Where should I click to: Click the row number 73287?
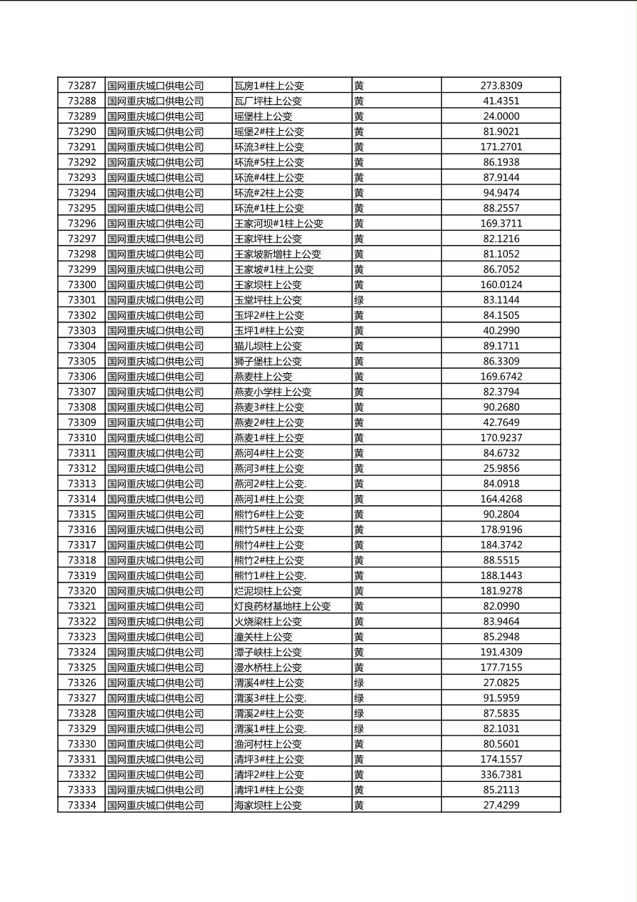point(81,86)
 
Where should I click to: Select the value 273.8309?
point(501,86)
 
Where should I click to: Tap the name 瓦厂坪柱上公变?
point(268,101)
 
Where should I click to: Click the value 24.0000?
point(501,117)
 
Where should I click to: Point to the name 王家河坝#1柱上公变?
point(279,224)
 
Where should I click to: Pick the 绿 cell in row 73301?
point(359,300)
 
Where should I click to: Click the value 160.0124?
point(501,285)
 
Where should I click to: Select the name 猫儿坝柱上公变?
point(268,346)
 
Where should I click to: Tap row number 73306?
point(81,377)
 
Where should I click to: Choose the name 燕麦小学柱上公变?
point(273,392)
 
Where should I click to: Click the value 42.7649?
point(501,422)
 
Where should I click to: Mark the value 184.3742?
point(501,545)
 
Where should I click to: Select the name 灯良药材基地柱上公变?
point(283,606)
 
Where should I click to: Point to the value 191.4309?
point(501,652)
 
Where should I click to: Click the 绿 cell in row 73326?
point(359,683)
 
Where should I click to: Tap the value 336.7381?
point(501,775)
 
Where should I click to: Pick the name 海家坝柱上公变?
point(268,806)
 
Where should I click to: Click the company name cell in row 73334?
point(156,806)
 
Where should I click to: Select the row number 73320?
point(81,591)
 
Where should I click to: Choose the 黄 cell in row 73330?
point(359,744)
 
